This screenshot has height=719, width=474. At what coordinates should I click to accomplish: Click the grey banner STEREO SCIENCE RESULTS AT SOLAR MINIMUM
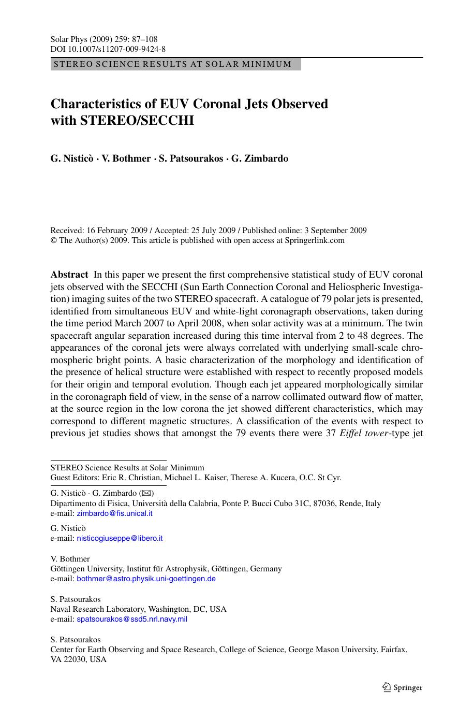(175, 64)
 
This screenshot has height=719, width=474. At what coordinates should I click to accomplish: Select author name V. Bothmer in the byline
(126, 159)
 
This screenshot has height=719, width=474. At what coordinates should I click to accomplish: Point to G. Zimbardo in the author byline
(260, 159)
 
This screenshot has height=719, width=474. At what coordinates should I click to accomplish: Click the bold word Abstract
(69, 275)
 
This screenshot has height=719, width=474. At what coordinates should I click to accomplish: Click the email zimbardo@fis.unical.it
(114, 513)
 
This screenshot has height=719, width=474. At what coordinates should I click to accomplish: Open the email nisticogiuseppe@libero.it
(120, 538)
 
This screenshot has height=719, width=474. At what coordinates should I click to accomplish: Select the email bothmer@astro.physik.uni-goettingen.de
(146, 579)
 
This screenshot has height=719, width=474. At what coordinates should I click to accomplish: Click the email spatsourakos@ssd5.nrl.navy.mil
(132, 619)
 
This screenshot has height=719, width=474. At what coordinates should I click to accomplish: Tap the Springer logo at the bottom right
(402, 688)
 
